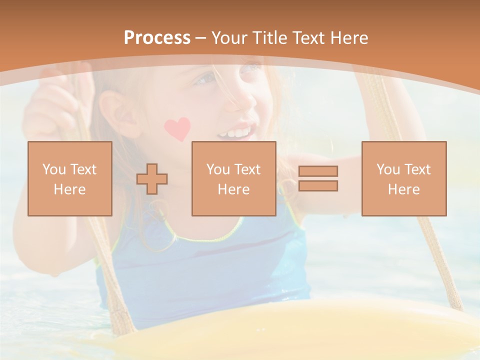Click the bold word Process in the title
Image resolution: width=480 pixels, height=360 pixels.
tap(157, 38)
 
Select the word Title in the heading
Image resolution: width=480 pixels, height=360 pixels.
tap(270, 38)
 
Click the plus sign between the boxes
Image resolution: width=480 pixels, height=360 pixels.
tap(152, 179)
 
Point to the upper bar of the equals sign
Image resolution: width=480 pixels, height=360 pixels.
tap(318, 171)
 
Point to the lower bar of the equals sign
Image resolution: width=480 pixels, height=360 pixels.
tap(318, 185)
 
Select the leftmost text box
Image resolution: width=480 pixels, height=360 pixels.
tap(69, 178)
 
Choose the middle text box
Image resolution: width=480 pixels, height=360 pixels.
tap(233, 178)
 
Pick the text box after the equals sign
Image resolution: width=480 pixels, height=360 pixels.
tap(403, 178)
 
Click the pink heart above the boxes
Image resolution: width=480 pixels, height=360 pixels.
tap(177, 128)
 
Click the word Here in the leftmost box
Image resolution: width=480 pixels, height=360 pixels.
tap(69, 189)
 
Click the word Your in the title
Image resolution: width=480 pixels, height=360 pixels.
tap(229, 38)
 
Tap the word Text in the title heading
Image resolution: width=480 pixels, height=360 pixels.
tap(308, 38)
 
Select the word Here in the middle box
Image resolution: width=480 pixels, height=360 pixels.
tap(233, 189)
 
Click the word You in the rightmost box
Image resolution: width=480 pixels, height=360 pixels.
tap(388, 169)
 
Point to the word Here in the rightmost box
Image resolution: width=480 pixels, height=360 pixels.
tap(403, 189)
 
